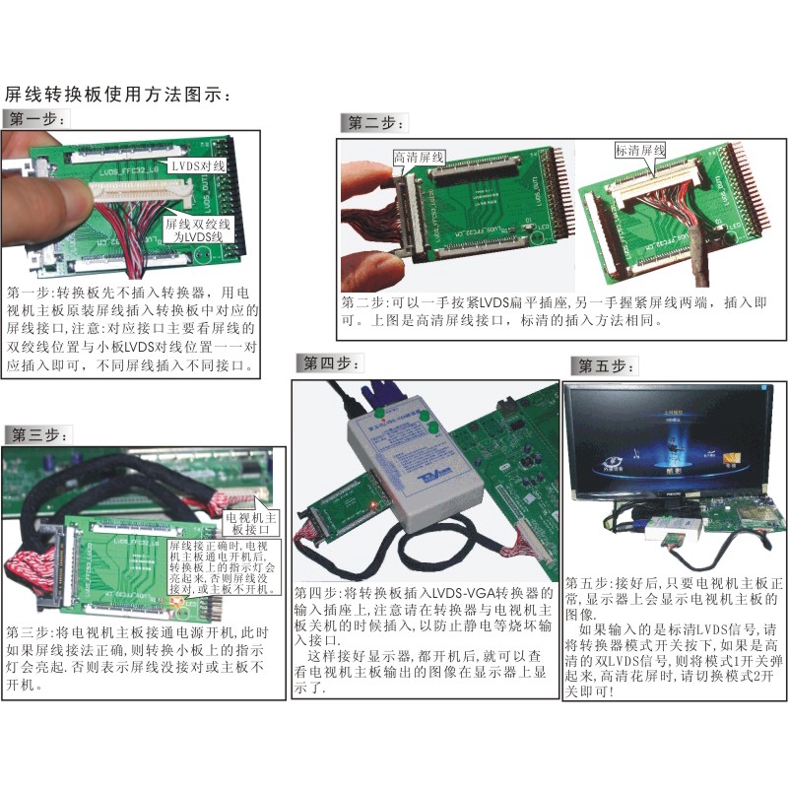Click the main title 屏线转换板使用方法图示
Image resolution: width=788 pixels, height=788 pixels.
[118, 96]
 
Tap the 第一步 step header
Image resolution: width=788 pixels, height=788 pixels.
[36, 120]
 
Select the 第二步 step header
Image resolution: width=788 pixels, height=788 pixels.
[374, 123]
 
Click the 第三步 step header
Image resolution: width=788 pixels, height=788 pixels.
[37, 434]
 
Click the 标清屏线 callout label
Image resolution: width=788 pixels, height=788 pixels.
[640, 151]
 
